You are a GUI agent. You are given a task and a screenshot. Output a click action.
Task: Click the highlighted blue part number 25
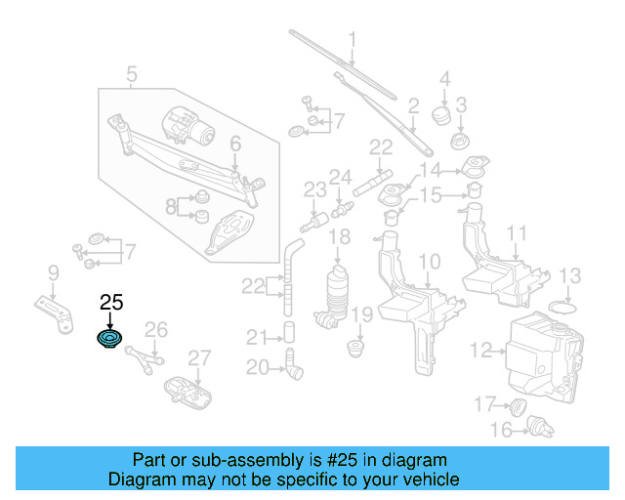pyautogui.click(x=108, y=340)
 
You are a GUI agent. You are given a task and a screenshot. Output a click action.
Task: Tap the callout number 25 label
pyautogui.click(x=110, y=304)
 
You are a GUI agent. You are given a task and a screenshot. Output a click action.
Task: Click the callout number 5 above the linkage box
pyautogui.click(x=132, y=73)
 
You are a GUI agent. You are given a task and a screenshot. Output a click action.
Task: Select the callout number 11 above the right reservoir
pyautogui.click(x=517, y=234)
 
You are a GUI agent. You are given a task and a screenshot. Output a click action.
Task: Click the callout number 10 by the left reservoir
pyautogui.click(x=430, y=261)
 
